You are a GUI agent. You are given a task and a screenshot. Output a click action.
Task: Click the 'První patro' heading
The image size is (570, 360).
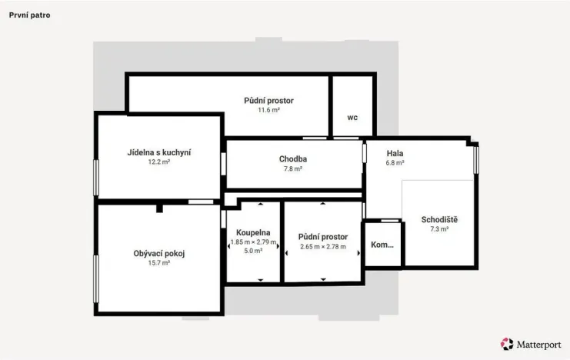tap(30, 15)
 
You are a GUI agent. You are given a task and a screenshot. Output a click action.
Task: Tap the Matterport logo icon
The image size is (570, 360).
tap(507, 344)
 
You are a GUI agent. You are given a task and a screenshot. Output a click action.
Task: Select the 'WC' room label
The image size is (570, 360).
tap(352, 118)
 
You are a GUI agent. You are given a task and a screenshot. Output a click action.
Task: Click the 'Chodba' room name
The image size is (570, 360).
tap(293, 159)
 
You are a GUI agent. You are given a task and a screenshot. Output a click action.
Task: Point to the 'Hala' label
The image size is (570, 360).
tap(395, 153)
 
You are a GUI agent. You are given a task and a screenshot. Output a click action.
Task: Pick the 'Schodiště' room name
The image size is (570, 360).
tap(439, 220)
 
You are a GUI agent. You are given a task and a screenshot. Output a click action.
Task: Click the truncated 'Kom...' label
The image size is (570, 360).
tap(382, 245)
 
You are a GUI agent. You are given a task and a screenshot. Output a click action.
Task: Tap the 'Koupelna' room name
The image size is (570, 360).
tap(253, 233)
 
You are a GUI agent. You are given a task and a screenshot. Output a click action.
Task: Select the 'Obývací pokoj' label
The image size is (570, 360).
tap(159, 254)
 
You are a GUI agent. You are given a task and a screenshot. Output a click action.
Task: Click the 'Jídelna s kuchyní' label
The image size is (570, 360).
tap(159, 153)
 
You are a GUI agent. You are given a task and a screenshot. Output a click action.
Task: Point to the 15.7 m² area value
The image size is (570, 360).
tap(159, 263)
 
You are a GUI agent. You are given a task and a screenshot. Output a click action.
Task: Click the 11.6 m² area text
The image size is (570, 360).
tap(269, 110)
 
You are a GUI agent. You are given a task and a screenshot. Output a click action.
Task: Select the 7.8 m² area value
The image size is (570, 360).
tap(293, 168)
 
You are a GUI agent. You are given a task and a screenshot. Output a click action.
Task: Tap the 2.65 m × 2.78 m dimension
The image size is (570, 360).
tap(323, 247)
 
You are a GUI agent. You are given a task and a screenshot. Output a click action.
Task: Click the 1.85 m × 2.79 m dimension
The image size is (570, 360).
tap(253, 242)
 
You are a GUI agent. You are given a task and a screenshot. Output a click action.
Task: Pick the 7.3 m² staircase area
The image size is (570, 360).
tap(439, 229)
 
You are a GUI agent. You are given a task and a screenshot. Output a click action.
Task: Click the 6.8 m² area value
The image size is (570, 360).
tap(395, 163)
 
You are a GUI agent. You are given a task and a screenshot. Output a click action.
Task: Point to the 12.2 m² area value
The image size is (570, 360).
tap(159, 162)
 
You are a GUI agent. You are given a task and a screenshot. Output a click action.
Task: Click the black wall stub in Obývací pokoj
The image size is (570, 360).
tap(159, 208)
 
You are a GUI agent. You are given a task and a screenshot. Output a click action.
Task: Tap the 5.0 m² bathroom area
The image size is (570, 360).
tap(253, 251)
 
